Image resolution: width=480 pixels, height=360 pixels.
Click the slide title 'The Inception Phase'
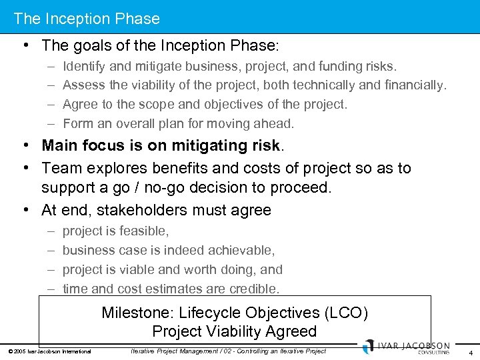(87, 19)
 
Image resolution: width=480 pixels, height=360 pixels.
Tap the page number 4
(471, 353)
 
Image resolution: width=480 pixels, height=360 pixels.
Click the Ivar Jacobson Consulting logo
(406, 348)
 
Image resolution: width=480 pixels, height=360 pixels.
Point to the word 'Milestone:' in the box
(138, 313)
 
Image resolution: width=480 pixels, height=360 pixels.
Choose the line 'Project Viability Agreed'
(234, 331)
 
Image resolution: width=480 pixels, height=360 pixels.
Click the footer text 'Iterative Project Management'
(176, 351)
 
